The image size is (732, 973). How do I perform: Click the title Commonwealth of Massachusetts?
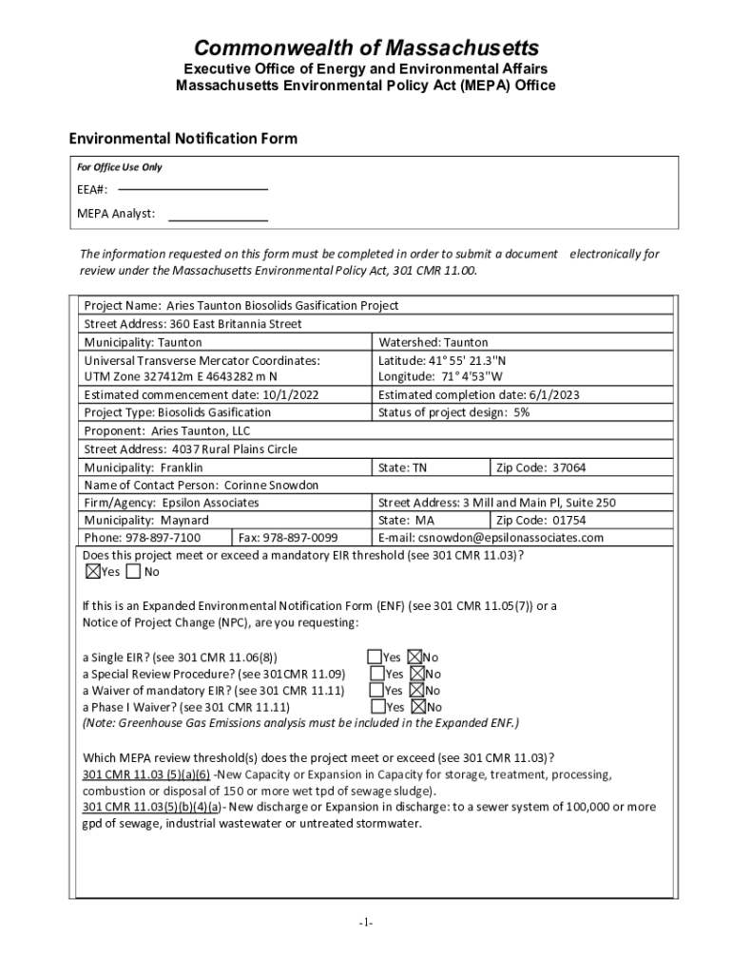[x=366, y=48]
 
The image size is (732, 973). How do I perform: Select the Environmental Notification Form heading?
[x=183, y=139]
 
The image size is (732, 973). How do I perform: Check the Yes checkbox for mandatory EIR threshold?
[x=92, y=572]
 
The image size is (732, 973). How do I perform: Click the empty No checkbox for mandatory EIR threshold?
[x=132, y=572]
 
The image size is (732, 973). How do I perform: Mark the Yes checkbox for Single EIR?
[x=376, y=657]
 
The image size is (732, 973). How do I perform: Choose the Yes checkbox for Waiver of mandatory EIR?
[x=376, y=691]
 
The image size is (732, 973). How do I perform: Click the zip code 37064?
[x=568, y=467]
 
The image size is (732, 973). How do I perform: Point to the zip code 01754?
[x=568, y=520]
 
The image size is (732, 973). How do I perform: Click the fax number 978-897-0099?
[x=299, y=538]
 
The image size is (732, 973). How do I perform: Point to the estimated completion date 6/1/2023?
[x=546, y=395]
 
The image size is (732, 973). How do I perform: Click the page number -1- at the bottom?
[x=366, y=923]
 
